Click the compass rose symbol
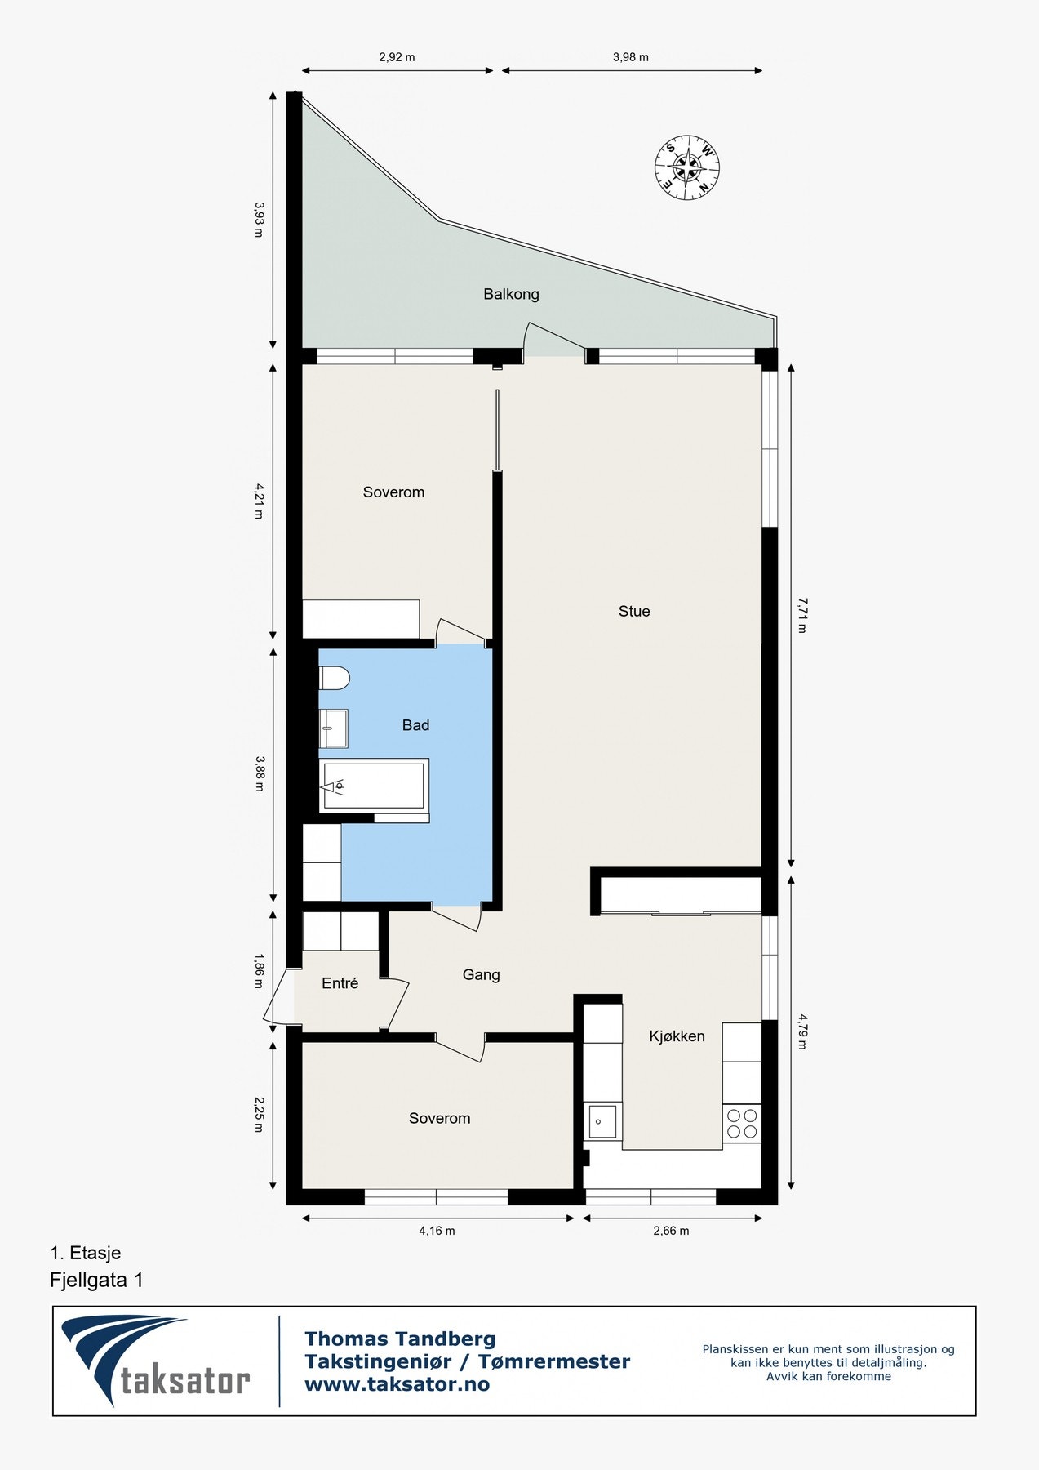coord(687,167)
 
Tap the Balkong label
coord(511,294)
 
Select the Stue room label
coord(634,611)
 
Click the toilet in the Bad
coord(333,679)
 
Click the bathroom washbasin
coord(333,727)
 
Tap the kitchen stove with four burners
coord(742,1123)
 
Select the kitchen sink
coord(602,1121)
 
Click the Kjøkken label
coord(677,1036)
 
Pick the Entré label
coord(340,983)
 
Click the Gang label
coord(481,974)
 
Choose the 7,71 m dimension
coord(801,616)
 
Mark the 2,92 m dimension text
coord(397,57)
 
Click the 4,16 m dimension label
coord(437,1231)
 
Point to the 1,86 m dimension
coord(259,971)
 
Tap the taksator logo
coord(155,1360)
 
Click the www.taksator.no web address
coord(397,1384)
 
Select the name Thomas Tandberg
coord(400,1339)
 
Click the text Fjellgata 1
coord(96,1280)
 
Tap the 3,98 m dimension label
coord(631,57)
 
